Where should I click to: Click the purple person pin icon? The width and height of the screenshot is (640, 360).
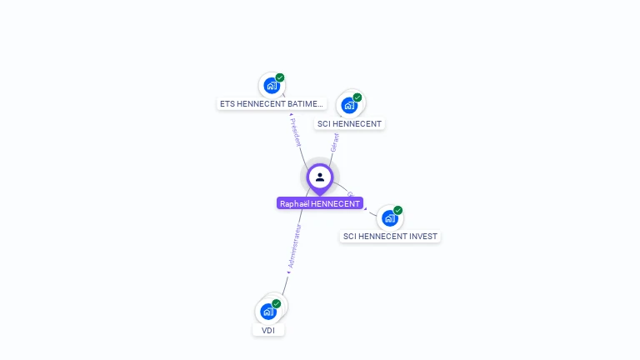[320, 177]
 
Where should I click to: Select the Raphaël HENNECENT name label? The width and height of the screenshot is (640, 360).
[320, 203]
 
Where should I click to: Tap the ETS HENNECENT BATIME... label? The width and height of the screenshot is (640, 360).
[271, 104]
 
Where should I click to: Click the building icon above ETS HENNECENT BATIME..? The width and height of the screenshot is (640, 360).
[271, 85]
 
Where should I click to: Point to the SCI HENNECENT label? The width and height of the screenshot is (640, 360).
[349, 124]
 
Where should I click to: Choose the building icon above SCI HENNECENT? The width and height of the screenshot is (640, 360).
[349, 106]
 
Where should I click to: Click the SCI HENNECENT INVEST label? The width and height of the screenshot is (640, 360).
[390, 237]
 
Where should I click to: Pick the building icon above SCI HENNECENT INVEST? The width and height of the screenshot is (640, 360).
[389, 218]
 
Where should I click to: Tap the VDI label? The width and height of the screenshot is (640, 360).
[268, 331]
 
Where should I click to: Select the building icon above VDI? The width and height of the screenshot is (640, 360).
[267, 312]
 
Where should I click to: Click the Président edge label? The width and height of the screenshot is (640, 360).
[295, 132]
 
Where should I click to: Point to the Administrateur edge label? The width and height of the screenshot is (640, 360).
[292, 246]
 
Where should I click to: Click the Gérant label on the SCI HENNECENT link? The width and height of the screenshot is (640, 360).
[335, 142]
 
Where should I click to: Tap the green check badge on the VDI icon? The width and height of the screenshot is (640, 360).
[277, 304]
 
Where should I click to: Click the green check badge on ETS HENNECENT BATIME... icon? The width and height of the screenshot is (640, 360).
[280, 77]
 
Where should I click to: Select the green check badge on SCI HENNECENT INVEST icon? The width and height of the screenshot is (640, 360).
[398, 210]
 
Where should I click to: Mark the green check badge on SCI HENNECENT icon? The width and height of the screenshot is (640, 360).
[357, 97]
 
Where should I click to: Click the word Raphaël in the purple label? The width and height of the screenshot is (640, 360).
[295, 203]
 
